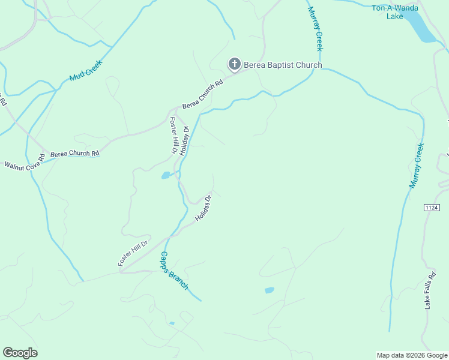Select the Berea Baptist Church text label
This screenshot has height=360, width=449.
point(282,65)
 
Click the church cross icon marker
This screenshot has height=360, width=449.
point(234,64)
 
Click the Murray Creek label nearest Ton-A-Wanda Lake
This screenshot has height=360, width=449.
point(315,28)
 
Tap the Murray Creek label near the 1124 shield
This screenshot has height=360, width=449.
point(417,166)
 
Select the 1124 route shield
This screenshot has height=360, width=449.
point(432,208)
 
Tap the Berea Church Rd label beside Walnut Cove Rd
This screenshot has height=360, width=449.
point(74,154)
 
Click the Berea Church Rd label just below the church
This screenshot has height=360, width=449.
point(202,94)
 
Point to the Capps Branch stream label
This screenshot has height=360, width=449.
point(174,271)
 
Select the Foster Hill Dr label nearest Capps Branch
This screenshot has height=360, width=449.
point(132,253)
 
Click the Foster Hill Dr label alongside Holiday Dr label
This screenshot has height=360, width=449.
point(172,135)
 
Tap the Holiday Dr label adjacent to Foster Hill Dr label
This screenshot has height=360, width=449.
point(185,140)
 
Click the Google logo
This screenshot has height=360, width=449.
point(20,353)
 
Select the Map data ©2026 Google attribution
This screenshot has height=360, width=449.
point(412,355)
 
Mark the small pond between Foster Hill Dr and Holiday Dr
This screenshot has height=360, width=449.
point(165,176)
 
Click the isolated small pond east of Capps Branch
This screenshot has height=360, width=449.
point(269,290)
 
